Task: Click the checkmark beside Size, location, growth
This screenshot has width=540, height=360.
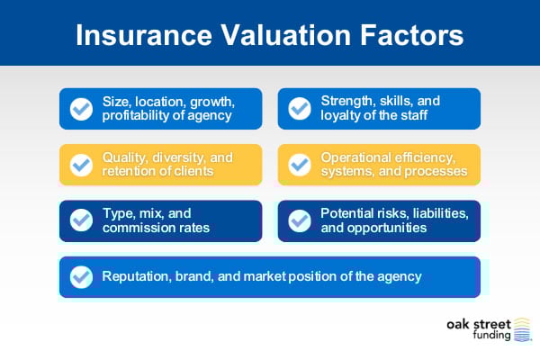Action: pos(82,109)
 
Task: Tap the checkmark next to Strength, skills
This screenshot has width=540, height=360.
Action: pos(299,109)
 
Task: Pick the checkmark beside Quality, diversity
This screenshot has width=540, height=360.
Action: pos(82,165)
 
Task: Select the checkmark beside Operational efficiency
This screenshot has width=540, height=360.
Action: pos(299,165)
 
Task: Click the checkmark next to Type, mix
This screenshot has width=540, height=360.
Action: pos(82,220)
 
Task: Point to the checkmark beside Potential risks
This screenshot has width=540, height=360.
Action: pos(299,220)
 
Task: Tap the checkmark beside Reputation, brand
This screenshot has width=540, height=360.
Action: pos(82,277)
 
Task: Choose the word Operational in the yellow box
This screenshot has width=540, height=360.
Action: pos(356,157)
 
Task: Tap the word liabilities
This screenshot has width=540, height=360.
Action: pos(426,213)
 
